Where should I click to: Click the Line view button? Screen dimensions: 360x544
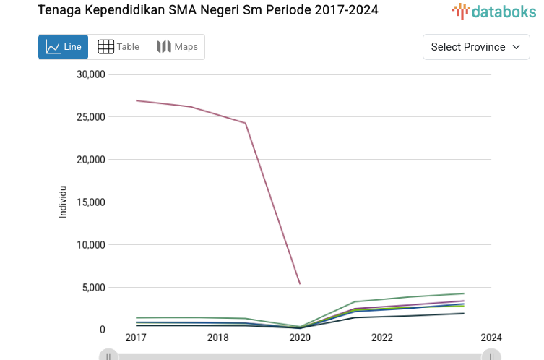[63, 47]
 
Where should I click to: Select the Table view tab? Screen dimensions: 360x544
[118, 47]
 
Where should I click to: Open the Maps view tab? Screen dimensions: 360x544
[177, 47]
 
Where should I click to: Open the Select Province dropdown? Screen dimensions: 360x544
[476, 47]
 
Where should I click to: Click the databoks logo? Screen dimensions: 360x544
[494, 11]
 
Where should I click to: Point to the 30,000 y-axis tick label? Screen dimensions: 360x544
[91, 74]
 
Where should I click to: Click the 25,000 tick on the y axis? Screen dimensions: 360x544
[91, 117]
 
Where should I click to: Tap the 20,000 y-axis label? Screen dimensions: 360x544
[91, 160]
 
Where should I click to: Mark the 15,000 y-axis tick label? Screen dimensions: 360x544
[91, 202]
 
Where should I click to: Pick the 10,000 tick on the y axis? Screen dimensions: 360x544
[91, 245]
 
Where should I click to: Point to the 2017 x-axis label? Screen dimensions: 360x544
[136, 338]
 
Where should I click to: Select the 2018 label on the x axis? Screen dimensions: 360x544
[218, 338]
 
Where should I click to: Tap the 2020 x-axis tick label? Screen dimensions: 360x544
[300, 338]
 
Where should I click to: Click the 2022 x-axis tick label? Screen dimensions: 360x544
[382, 338]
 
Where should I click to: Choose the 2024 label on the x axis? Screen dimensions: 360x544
[491, 338]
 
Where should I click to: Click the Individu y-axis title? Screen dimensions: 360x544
[63, 202]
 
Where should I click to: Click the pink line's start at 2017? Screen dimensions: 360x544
[137, 100]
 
